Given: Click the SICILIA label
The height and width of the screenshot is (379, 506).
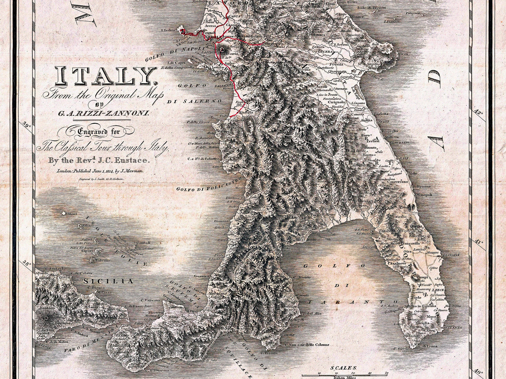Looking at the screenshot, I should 108,281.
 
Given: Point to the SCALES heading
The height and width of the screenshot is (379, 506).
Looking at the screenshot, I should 344,368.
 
